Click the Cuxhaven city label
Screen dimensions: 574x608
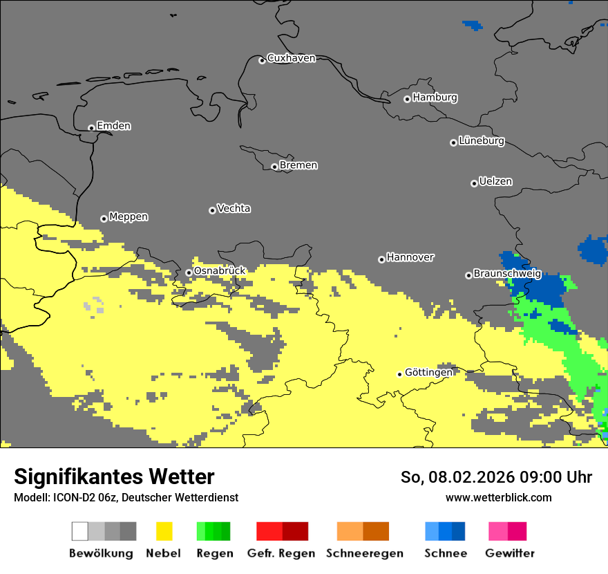[x=291, y=58]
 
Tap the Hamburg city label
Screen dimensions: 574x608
[x=435, y=98]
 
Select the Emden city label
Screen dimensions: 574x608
[x=113, y=126]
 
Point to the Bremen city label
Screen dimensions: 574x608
[x=298, y=165]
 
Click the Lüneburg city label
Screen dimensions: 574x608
[x=482, y=141]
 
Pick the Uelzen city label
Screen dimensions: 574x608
[x=495, y=181]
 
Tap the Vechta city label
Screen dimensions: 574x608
[x=234, y=208]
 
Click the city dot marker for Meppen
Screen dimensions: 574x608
[x=104, y=219]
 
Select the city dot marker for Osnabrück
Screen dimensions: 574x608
[x=189, y=272]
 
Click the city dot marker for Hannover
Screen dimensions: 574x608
[x=381, y=259]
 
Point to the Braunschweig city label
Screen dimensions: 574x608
[x=507, y=274]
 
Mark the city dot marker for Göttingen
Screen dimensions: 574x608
[x=399, y=374]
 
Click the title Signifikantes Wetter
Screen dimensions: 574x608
[x=114, y=476]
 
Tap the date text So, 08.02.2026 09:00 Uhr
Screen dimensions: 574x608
[x=496, y=477]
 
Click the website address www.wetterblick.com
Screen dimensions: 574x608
[x=498, y=497]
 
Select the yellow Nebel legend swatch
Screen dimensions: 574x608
[x=164, y=531]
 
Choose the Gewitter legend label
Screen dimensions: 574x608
[x=509, y=553]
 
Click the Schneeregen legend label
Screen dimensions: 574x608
[x=364, y=553]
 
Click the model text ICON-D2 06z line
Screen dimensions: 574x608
[x=126, y=497]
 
